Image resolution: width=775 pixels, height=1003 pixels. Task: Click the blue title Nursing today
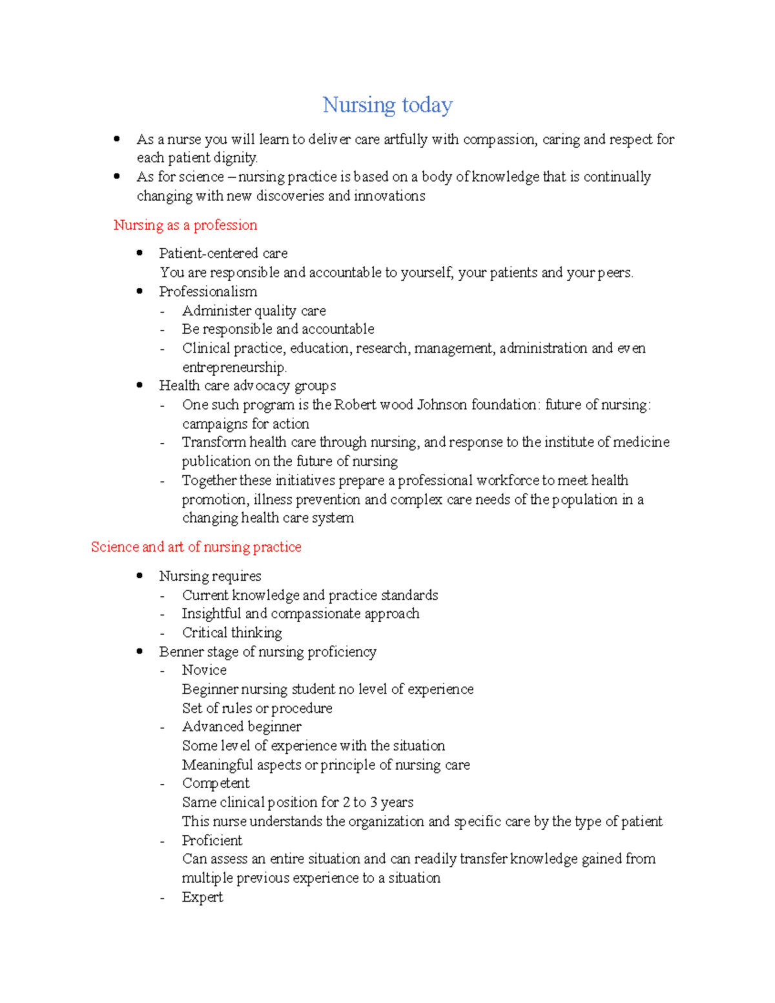click(387, 105)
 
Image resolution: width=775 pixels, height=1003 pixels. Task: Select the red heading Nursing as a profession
click(185, 225)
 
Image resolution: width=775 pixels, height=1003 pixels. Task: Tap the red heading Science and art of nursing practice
click(196, 547)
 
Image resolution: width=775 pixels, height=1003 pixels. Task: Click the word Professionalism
click(208, 291)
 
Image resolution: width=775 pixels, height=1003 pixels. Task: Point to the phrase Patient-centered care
click(223, 253)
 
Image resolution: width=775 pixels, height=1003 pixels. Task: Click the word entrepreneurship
click(234, 367)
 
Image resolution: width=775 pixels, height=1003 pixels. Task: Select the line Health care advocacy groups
click(247, 386)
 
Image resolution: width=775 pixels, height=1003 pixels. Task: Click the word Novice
click(204, 670)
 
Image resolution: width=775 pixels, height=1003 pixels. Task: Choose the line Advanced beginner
click(242, 727)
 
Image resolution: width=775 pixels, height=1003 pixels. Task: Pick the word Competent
click(216, 783)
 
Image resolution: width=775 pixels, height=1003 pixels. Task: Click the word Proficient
click(212, 840)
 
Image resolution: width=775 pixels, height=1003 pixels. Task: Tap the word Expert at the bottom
click(202, 897)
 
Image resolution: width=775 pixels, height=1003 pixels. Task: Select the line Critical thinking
click(232, 633)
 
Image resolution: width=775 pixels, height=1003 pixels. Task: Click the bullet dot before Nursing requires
click(139, 575)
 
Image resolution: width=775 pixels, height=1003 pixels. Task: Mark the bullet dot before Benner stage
click(139, 651)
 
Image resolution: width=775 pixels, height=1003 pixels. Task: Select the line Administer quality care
click(254, 311)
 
